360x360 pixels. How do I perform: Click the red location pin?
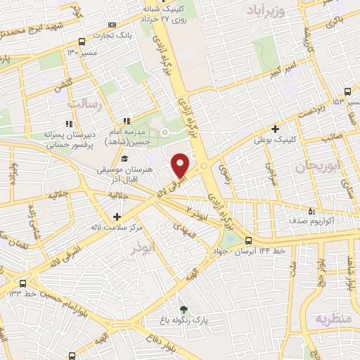[180, 165]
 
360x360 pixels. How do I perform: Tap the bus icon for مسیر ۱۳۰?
[83, 41]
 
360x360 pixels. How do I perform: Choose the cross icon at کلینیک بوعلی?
[275, 129]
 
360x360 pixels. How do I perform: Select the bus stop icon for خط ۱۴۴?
[248, 241]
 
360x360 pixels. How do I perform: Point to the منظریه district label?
[332, 319]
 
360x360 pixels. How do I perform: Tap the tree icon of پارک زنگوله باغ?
[184, 309]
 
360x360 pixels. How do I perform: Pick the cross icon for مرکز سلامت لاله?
[117, 217]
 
